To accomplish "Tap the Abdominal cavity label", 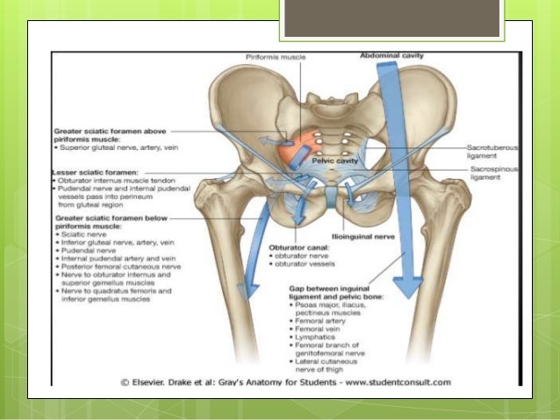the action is tap(391, 55).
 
